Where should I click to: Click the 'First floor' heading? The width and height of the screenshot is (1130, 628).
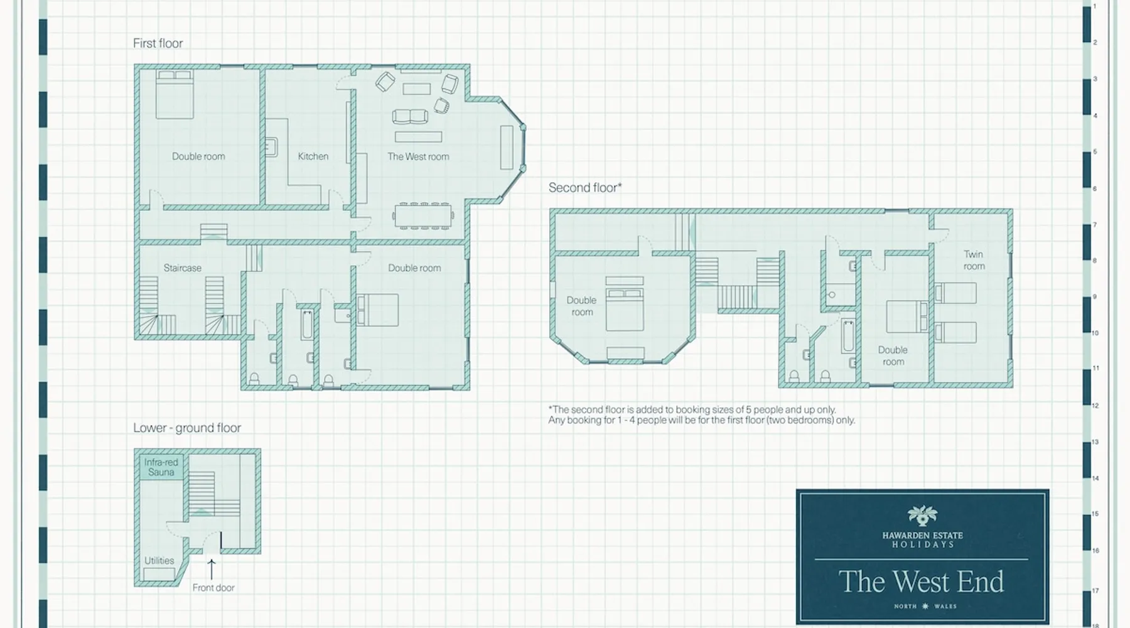pyautogui.click(x=158, y=43)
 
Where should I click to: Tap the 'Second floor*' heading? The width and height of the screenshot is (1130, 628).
pyautogui.click(x=585, y=187)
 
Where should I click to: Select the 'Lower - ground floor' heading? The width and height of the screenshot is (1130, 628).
pyautogui.click(x=187, y=428)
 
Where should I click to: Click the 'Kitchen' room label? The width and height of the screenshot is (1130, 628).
pyautogui.click(x=313, y=156)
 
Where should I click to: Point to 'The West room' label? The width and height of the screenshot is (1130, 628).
pyautogui.click(x=418, y=156)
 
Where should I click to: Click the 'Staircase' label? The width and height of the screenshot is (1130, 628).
pyautogui.click(x=183, y=268)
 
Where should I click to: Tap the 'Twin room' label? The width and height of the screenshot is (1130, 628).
pyautogui.click(x=974, y=260)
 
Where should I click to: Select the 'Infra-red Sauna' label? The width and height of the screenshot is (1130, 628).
pyautogui.click(x=161, y=467)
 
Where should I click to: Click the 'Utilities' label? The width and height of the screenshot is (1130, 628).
pyautogui.click(x=159, y=561)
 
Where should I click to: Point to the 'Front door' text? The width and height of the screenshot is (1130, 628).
pyautogui.click(x=213, y=588)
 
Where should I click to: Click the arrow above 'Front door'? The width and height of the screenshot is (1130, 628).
pyautogui.click(x=212, y=569)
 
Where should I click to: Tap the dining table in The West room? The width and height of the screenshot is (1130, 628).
pyautogui.click(x=424, y=215)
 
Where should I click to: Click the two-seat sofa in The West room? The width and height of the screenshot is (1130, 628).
pyautogui.click(x=410, y=117)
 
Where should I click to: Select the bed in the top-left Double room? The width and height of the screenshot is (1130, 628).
pyautogui.click(x=175, y=94)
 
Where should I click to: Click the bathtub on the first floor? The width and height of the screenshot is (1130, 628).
pyautogui.click(x=307, y=325)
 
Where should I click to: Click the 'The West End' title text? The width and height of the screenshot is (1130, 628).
pyautogui.click(x=922, y=582)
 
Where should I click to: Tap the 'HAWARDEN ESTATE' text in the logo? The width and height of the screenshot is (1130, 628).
pyautogui.click(x=922, y=536)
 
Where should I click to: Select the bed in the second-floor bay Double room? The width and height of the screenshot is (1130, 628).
pyautogui.click(x=625, y=304)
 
